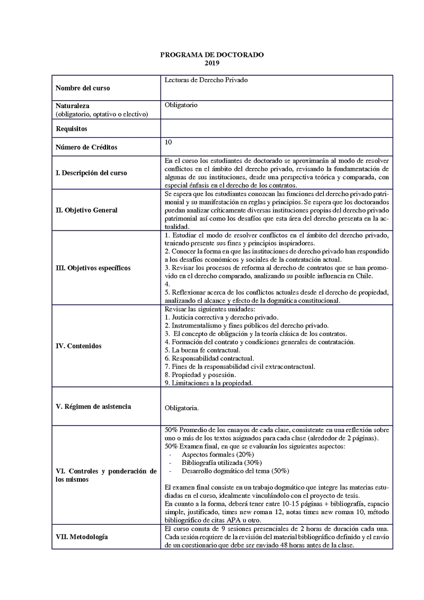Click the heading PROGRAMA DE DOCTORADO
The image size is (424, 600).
tap(211, 55)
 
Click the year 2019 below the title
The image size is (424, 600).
tap(211, 63)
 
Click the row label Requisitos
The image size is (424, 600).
tap(72, 128)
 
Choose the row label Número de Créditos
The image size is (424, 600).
tap(86, 147)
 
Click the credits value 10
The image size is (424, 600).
tap(169, 142)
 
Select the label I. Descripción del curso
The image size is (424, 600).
tap(91, 173)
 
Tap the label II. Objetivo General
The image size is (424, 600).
tap(86, 210)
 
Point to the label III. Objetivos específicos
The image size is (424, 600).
tap(93, 268)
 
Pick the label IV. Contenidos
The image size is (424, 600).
tap(78, 346)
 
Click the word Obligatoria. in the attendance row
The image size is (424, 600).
tap(182, 409)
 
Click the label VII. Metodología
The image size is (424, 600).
tap(82, 537)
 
